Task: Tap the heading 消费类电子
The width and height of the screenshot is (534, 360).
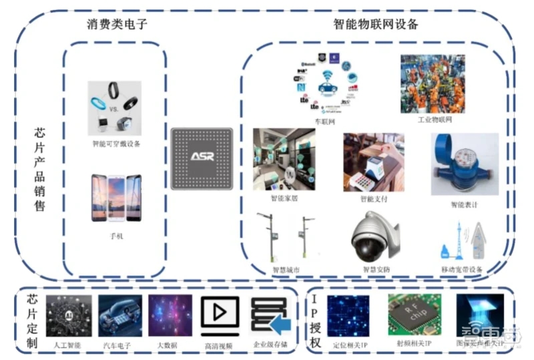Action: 117,25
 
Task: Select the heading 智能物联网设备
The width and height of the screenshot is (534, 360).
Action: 376,25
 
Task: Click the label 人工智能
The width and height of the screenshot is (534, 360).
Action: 69,345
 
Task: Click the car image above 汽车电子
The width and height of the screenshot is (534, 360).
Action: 120,315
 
